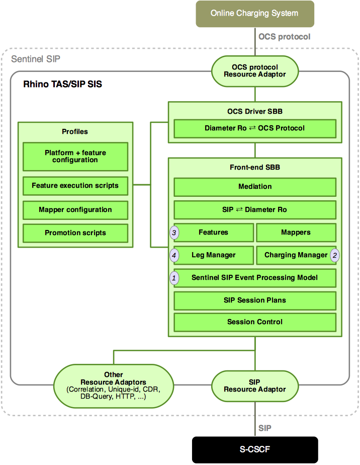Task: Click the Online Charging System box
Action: coord(255,14)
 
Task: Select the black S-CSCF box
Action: coord(255,449)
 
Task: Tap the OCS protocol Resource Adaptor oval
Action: coord(255,70)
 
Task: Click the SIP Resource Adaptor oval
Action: coord(255,385)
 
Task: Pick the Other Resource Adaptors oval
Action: coord(113,385)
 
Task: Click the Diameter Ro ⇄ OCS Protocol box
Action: coord(255,128)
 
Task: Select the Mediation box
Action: coord(255,187)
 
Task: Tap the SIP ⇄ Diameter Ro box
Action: coord(255,209)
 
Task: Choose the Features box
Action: coord(214,232)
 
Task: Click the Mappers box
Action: coord(296,232)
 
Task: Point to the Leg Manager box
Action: coord(214,255)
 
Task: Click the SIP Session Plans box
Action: coord(255,300)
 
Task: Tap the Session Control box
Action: coord(255,322)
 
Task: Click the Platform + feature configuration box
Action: coord(75,157)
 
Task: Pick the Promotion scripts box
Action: coord(75,233)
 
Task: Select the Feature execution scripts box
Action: coord(75,186)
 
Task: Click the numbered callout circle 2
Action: coord(335,255)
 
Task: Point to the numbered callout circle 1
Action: coord(174,278)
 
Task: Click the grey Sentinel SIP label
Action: coord(35,59)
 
